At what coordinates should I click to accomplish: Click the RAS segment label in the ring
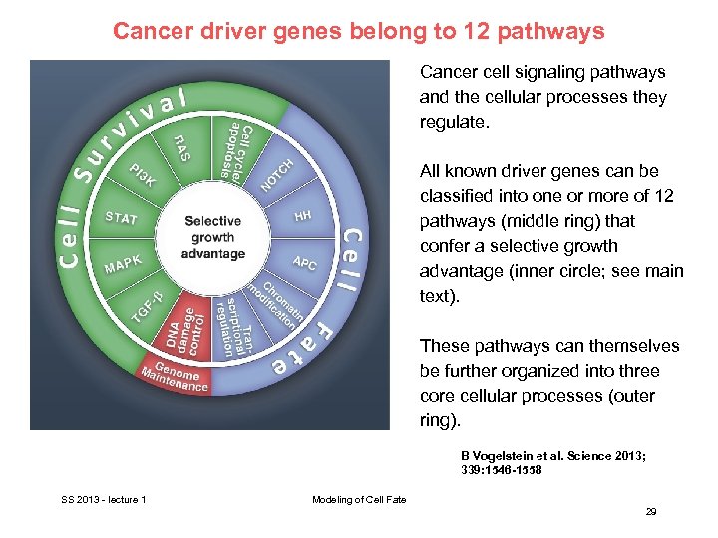pos(183,149)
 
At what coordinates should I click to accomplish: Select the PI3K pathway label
pos(141,176)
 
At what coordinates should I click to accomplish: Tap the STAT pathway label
pos(122,218)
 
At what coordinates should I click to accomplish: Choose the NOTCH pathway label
pos(277,175)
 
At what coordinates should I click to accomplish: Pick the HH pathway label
pos(302,216)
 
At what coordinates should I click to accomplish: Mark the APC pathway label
pos(304,262)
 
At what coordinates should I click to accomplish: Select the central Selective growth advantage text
pos(212,237)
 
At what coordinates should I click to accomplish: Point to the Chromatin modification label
pos(282,302)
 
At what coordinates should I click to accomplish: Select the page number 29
pos(650,511)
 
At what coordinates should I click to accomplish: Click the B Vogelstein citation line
pos(552,455)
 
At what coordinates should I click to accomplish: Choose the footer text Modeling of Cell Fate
pos(359,499)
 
